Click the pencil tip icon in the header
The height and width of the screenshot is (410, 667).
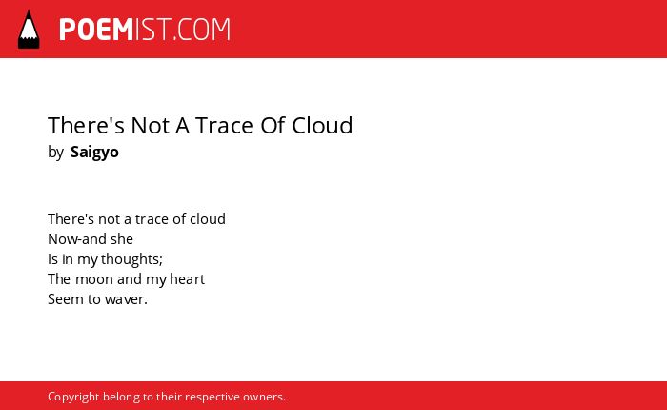click(x=29, y=30)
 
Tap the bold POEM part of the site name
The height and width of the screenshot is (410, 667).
click(x=96, y=30)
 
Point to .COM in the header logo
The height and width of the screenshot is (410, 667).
click(x=201, y=30)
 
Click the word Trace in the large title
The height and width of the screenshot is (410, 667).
click(x=224, y=125)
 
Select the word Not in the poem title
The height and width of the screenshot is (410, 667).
click(x=151, y=125)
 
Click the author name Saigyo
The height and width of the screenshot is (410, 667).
click(x=94, y=153)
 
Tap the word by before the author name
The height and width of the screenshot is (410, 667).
click(x=55, y=152)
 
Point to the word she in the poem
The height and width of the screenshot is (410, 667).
click(x=122, y=238)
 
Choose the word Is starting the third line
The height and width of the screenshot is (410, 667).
click(x=52, y=258)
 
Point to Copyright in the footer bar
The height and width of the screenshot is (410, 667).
click(x=73, y=397)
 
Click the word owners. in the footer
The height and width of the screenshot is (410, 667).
click(x=264, y=397)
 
